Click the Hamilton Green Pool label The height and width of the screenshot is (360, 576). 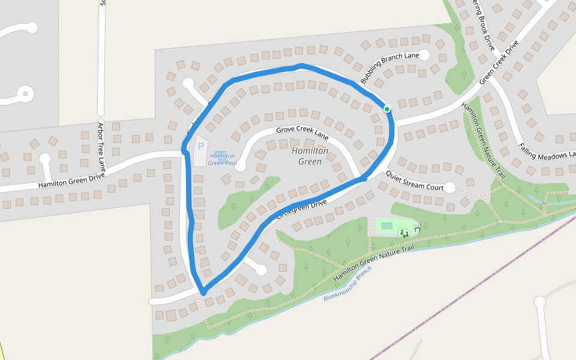click(222, 159)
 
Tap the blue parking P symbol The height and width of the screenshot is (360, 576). click(201, 146)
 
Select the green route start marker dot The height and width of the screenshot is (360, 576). click(387, 109)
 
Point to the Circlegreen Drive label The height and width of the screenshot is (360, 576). click(301, 211)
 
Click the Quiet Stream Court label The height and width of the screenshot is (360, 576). click(414, 181)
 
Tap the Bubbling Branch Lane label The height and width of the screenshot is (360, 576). click(389, 68)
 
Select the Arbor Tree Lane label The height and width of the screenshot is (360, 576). click(101, 146)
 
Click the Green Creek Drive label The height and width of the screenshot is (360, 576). click(499, 63)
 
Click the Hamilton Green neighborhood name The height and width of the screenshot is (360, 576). click(310, 156)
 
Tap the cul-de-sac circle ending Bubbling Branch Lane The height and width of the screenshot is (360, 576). click(424, 55)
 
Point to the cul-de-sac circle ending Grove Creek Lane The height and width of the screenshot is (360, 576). click(241, 166)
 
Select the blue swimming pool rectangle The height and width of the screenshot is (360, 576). click(220, 153)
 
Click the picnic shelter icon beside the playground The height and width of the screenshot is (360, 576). click(417, 227)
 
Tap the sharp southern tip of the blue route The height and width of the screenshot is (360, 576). click(203, 293)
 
